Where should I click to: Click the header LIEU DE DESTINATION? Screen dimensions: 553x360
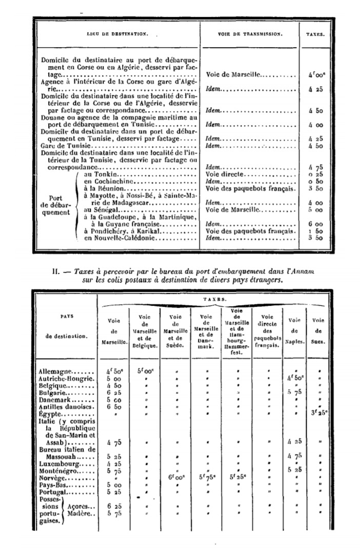(117, 34)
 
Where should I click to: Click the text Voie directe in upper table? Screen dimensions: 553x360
(222, 175)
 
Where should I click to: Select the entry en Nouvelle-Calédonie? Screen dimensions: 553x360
(116, 238)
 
